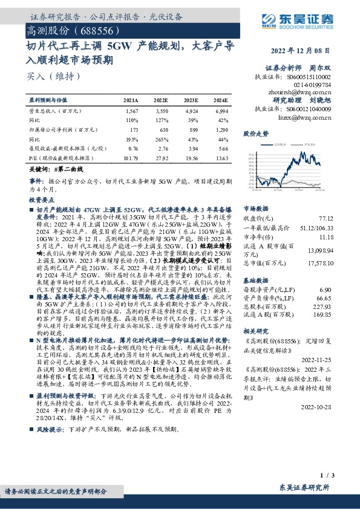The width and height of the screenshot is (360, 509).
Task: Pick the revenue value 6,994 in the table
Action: click(x=221, y=112)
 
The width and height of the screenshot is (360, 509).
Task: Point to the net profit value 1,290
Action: click(x=221, y=129)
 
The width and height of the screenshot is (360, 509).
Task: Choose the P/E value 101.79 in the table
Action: click(x=130, y=157)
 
